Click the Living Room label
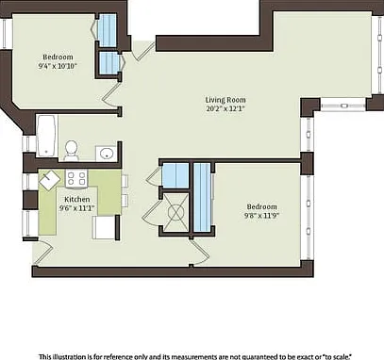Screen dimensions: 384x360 (x=225, y=100)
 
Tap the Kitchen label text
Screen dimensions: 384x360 (x=77, y=199)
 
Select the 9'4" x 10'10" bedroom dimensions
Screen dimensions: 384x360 (x=58, y=66)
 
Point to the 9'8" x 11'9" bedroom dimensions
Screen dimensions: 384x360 (x=261, y=216)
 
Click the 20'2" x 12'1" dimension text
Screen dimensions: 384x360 (x=225, y=109)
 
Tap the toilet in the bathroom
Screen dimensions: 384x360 (x=72, y=150)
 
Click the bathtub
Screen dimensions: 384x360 (x=47, y=136)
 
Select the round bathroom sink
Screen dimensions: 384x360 (x=107, y=154)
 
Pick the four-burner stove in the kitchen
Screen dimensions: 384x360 (x=76, y=178)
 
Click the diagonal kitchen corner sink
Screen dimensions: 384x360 (x=50, y=180)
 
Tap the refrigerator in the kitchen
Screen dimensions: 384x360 (x=104, y=227)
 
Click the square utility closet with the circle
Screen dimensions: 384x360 (x=175, y=213)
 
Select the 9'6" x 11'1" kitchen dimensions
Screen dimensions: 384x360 (x=77, y=208)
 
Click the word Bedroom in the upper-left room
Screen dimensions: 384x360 (x=58, y=57)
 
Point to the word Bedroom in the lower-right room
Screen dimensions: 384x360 (x=261, y=206)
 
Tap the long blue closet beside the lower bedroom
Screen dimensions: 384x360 (x=202, y=197)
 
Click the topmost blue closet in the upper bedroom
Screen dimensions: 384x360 (x=107, y=30)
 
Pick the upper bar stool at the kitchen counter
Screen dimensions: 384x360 (x=125, y=181)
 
